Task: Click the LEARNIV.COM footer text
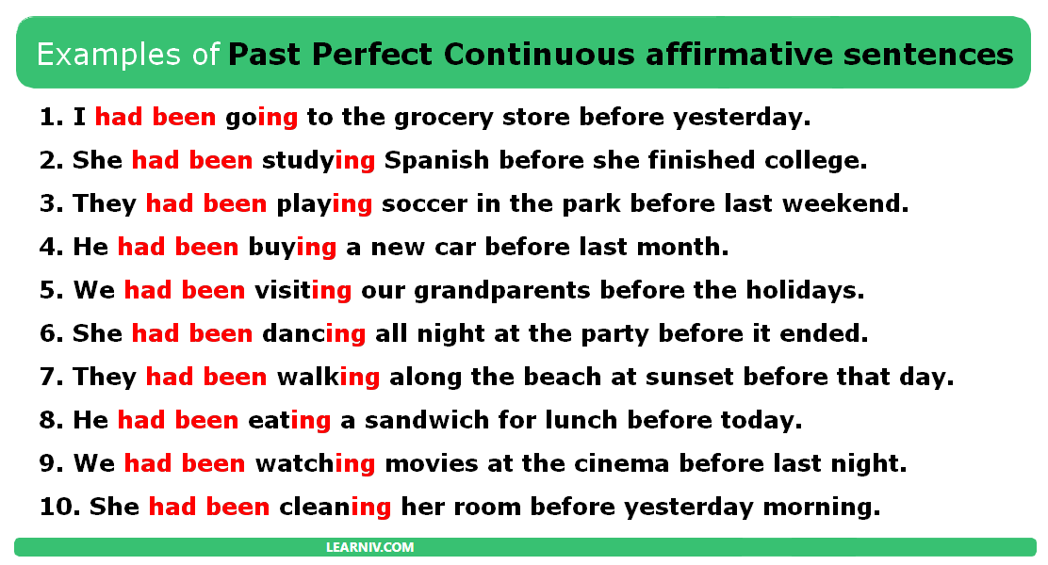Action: point(369,547)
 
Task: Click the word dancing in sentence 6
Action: point(314,334)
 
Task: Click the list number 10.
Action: point(59,508)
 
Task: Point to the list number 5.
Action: point(51,291)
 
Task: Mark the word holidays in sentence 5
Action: point(805,291)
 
